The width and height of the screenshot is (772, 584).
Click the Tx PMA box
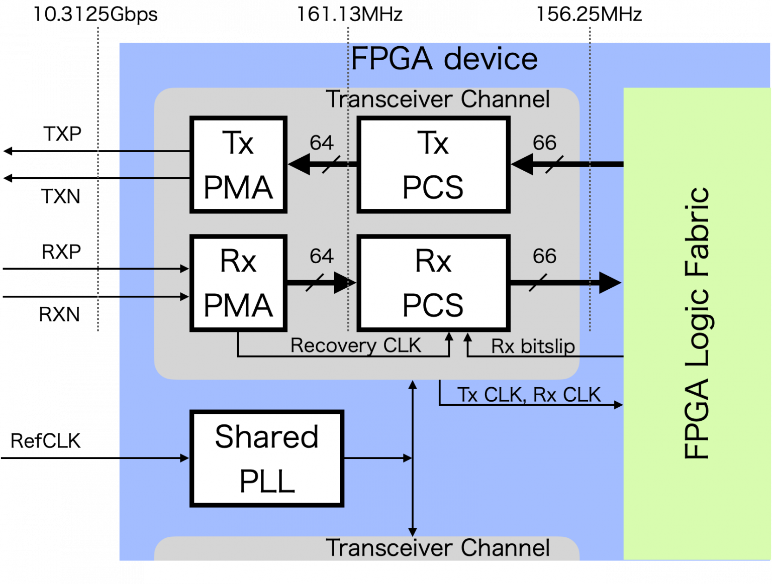click(238, 165)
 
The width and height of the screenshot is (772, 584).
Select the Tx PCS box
click(433, 165)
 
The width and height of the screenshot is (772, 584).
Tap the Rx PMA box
click(238, 283)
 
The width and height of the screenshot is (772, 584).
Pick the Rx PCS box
click(433, 283)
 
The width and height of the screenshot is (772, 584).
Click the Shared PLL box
click(267, 458)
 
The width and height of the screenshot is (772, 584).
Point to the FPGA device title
click(444, 59)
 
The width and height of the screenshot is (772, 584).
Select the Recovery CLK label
click(355, 345)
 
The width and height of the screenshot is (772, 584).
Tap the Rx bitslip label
click(533, 346)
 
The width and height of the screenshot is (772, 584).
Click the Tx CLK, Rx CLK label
click(529, 395)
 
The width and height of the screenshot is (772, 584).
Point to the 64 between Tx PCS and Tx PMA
click(322, 143)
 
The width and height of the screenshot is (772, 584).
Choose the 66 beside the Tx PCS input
click(545, 143)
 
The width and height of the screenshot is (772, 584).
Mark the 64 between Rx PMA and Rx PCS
click(322, 257)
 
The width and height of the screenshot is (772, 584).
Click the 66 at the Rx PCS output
click(545, 257)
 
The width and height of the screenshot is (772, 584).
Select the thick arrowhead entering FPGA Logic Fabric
click(610, 283)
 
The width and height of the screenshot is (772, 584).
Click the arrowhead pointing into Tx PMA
click(299, 165)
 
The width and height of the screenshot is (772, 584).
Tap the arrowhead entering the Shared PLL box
click(184, 458)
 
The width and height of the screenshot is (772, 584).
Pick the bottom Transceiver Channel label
click(438, 548)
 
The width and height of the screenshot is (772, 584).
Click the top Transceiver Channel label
click(438, 99)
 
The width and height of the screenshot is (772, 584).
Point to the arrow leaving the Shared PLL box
click(377, 458)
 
